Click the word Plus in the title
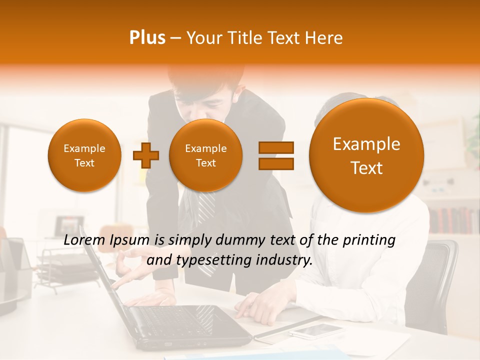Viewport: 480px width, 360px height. pyautogui.click(x=147, y=38)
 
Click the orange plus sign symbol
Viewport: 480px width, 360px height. pyautogui.click(x=145, y=155)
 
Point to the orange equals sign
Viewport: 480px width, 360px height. pyautogui.click(x=275, y=155)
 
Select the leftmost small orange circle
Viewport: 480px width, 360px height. pyautogui.click(x=84, y=155)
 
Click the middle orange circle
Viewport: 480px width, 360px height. pyautogui.click(x=205, y=155)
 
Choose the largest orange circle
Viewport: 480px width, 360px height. pyautogui.click(x=366, y=155)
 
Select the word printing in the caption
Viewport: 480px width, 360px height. pyautogui.click(x=368, y=240)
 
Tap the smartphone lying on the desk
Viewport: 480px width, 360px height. pyautogui.click(x=316, y=329)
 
